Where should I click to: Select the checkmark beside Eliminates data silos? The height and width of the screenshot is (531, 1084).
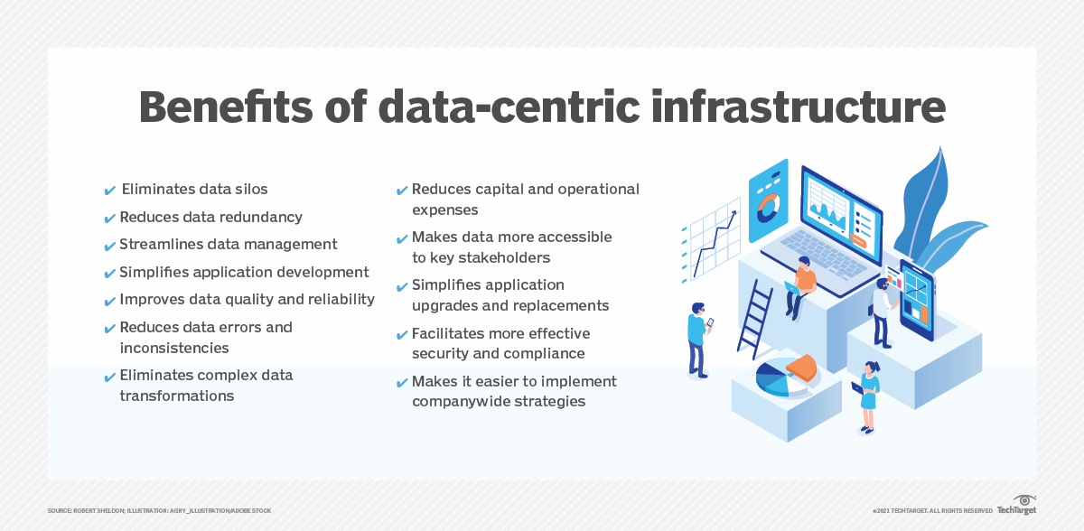(x=110, y=191)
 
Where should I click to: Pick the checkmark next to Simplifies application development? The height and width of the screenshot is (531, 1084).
(x=110, y=273)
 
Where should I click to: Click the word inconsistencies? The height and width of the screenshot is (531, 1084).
(x=173, y=348)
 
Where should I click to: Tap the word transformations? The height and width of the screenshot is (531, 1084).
(x=176, y=396)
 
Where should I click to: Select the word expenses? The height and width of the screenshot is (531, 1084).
(x=444, y=210)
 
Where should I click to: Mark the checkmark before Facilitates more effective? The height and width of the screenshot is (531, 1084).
(x=402, y=335)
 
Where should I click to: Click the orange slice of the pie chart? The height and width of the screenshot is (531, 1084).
(x=802, y=367)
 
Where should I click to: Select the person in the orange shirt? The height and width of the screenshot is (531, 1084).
(x=802, y=284)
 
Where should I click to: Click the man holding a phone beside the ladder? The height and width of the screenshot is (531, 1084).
(x=696, y=339)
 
